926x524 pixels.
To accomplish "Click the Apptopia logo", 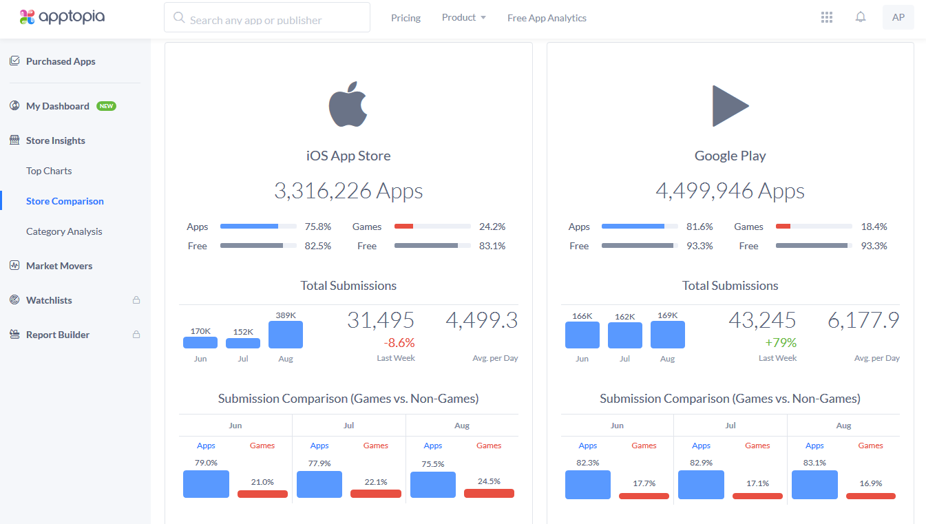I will (62, 17).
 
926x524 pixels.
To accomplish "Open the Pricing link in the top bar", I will (406, 18).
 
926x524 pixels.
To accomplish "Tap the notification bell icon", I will (861, 17).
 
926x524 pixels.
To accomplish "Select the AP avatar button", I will (898, 18).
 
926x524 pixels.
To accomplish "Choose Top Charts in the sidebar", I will (49, 171).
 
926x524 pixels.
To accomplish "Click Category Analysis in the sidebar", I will (64, 231).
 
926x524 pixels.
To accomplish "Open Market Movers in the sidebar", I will (59, 266).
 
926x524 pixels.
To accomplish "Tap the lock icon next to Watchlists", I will (136, 300).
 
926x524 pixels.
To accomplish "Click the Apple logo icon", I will (348, 105).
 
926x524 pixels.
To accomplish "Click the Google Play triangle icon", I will (730, 106).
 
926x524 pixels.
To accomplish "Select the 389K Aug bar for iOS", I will (285, 335).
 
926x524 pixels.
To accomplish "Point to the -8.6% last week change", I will (399, 342).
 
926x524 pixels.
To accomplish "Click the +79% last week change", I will (780, 342).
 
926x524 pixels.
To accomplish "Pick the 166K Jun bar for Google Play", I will (582, 335).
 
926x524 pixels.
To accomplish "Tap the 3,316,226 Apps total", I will (348, 191).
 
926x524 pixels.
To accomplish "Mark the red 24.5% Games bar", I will (489, 493).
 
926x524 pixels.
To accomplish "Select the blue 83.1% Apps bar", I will (814, 485).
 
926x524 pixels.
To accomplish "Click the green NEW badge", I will (106, 106).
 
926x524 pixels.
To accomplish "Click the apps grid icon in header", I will (827, 17).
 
